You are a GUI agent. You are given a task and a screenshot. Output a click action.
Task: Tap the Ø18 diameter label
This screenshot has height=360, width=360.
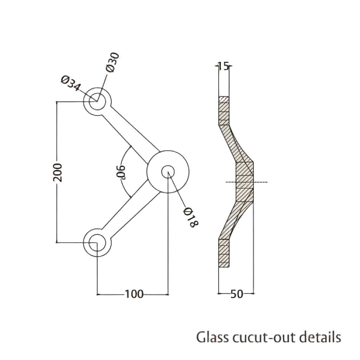point(191,217)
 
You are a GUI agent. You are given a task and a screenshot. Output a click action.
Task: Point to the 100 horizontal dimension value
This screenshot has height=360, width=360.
point(134,294)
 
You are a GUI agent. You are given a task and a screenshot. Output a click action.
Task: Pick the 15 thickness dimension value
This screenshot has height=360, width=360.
point(223,66)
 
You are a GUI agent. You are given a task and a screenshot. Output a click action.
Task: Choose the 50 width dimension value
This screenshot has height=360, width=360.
point(237,294)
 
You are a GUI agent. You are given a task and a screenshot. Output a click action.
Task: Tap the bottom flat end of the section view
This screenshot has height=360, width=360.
point(224,253)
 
